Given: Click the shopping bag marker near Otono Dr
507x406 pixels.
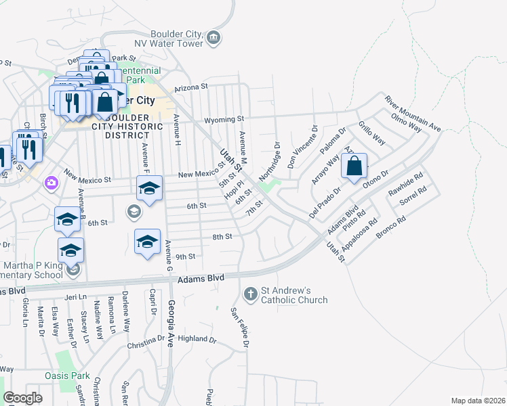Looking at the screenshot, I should coord(354,167).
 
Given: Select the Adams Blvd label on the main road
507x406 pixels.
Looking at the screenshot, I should coord(201,278).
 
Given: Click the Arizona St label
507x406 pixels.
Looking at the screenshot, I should coord(190,87).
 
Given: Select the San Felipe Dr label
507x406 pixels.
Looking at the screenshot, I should coord(239,328).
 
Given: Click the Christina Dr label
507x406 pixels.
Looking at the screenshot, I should coord(146,345).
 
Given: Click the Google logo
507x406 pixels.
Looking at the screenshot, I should coord(22,398).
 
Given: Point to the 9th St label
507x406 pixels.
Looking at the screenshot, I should coord(185,256).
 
